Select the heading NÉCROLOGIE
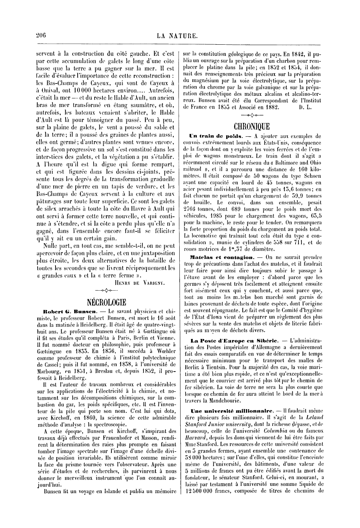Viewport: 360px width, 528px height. click(106, 301)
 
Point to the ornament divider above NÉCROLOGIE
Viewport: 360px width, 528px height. click(106, 291)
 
